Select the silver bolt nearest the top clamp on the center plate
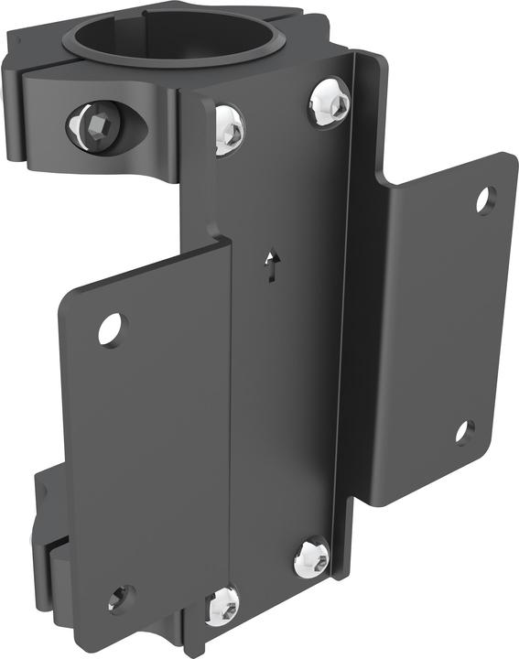[x=229, y=128]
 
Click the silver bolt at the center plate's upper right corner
[x=329, y=103]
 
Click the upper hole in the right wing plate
[x=485, y=200]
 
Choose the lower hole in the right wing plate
[x=465, y=431]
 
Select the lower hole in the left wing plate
[x=120, y=599]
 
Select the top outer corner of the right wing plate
[x=509, y=157]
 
